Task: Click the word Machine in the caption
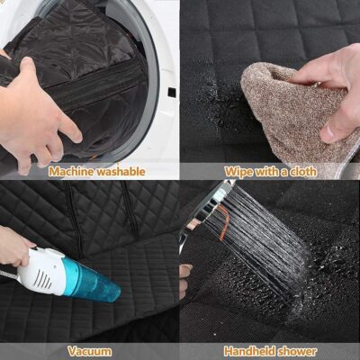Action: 72,171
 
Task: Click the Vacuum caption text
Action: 90,351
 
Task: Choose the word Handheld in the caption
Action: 246,351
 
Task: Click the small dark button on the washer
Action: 171,92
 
